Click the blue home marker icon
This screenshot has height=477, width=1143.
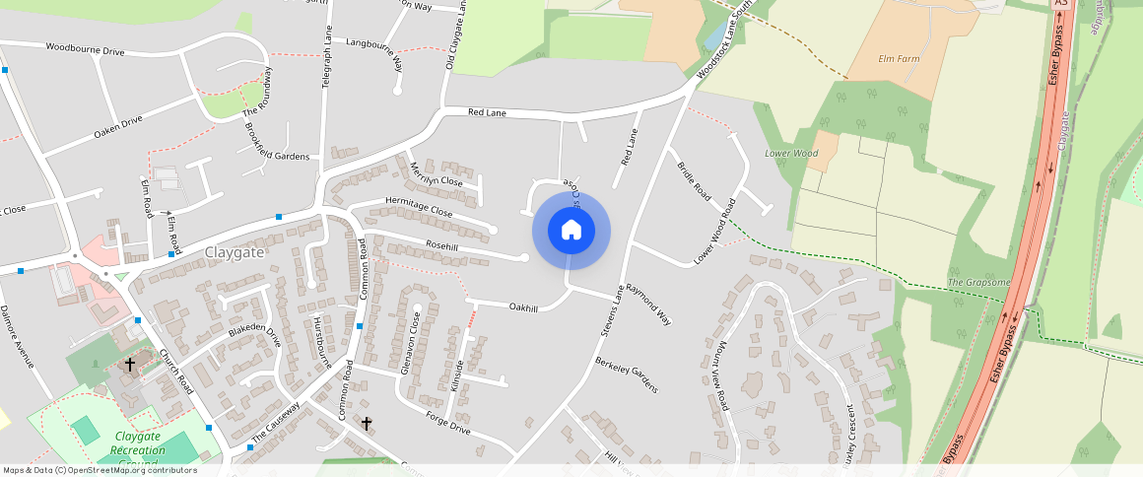[571, 231]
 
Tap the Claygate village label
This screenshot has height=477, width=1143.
[235, 252]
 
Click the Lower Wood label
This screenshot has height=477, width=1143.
[791, 154]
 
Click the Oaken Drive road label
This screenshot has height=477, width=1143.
[118, 126]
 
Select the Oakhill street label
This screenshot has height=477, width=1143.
[523, 308]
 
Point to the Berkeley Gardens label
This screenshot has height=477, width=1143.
[626, 375]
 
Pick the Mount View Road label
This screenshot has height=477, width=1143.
[716, 375]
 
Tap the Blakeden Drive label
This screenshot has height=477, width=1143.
[254, 335]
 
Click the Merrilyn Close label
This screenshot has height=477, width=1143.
[436, 173]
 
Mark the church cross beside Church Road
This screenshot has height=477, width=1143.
[129, 365]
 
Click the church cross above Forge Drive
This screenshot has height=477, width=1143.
[367, 424]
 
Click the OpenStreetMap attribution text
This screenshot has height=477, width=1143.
[100, 470]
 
